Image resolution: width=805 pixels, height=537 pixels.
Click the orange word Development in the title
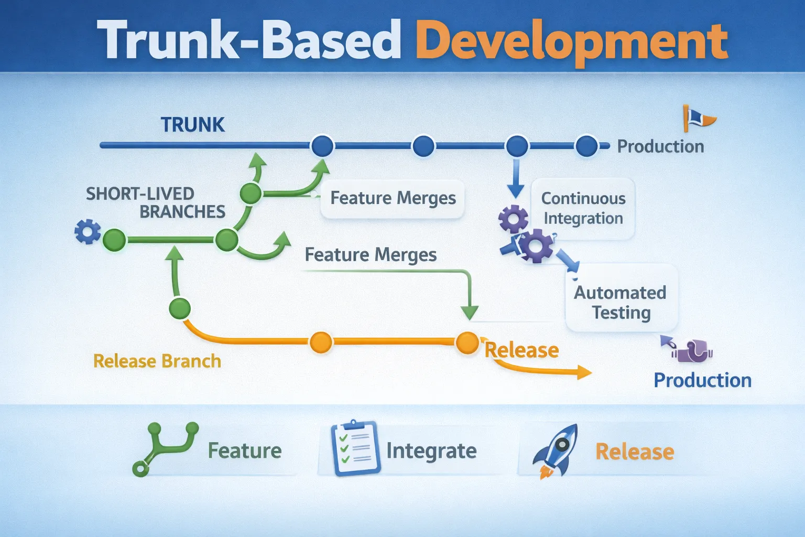(571, 41)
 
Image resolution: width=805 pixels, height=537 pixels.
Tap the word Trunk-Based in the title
(249, 41)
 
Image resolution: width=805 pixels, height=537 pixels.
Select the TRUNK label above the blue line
(192, 125)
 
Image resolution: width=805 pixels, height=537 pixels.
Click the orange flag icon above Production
(697, 118)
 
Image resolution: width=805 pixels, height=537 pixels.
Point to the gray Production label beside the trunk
(660, 146)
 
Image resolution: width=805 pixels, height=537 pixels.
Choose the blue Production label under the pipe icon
(702, 380)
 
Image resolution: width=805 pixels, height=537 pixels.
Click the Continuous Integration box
(583, 208)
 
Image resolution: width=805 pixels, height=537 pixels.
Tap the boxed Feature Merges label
(393, 198)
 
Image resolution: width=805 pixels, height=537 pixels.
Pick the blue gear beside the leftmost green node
(88, 231)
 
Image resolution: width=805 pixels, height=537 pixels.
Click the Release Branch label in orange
(157, 361)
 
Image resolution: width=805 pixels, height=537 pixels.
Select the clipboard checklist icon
(355, 448)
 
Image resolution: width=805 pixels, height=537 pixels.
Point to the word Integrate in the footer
(431, 451)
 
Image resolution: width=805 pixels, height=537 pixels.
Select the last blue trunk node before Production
(586, 146)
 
